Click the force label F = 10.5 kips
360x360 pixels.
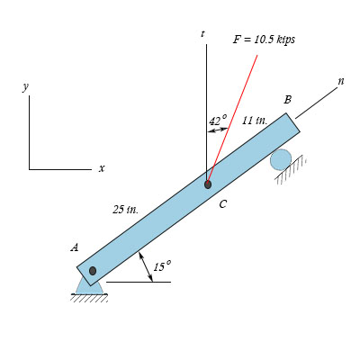pos(264,40)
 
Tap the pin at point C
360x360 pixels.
pos(208,184)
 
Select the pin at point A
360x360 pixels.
pos(93,271)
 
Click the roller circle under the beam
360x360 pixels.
pos(281,159)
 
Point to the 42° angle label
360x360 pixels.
pos(218,121)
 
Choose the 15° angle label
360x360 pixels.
pos(162,265)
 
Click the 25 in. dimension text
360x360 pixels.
pos(126,210)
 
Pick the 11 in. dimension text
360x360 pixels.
pos(255,121)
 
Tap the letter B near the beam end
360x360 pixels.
pos(287,100)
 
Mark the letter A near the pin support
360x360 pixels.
pos(75,247)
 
